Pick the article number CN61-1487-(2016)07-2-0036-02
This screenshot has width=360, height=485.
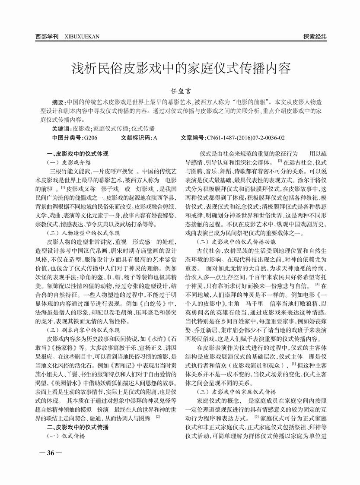click(x=245, y=138)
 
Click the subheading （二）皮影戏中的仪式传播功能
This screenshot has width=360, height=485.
click(x=236, y=241)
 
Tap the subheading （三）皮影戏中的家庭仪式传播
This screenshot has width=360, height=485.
click(x=236, y=392)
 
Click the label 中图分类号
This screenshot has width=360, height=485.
click(x=67, y=138)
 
